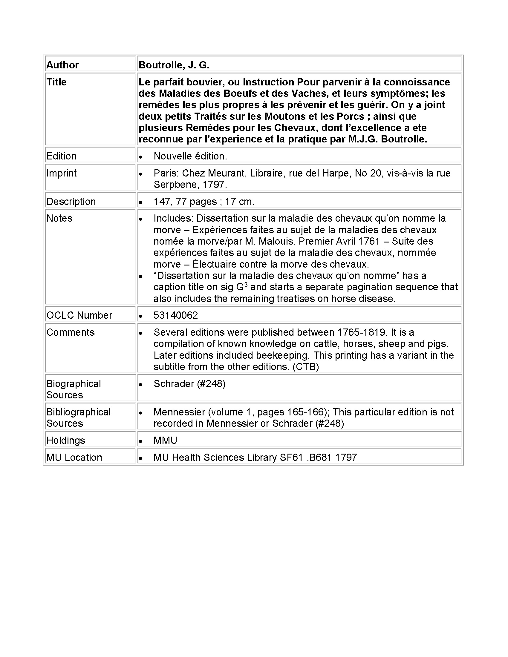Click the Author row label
[62, 65]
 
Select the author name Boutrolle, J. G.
[174, 65]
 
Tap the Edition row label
[61, 156]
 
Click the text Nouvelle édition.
[190, 156]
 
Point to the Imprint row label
[61, 173]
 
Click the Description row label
[71, 202]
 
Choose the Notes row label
[59, 218]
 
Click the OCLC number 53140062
[176, 315]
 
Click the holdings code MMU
[165, 440]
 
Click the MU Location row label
[74, 458]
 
